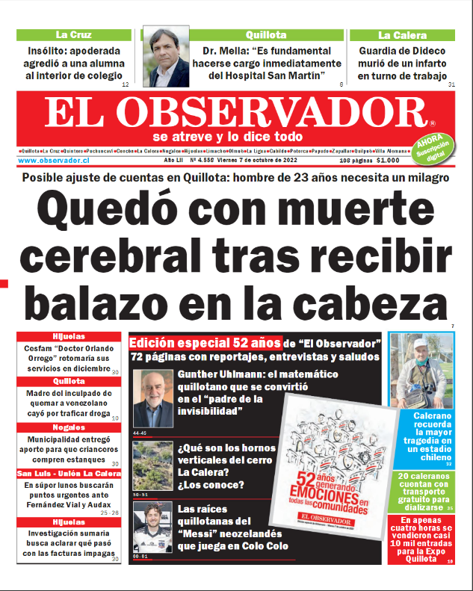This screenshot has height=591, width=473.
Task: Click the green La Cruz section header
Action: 73,35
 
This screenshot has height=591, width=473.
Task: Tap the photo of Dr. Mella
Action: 166,58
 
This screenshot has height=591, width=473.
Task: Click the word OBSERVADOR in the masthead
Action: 273,113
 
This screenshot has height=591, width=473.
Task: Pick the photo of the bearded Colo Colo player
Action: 152,526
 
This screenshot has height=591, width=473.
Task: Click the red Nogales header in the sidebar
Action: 69,428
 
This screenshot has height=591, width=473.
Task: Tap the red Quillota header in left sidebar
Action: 69,381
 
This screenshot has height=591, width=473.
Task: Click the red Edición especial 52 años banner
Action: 205,343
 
